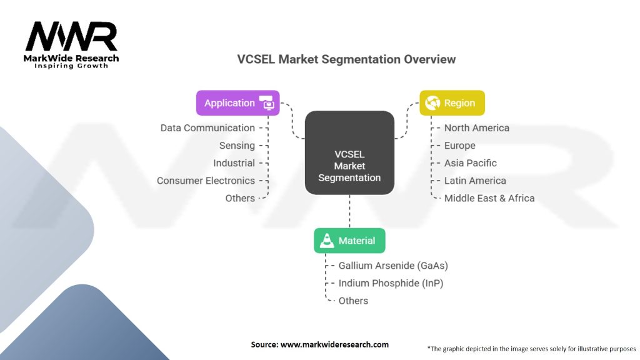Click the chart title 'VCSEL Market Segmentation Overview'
[346, 59]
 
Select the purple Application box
[237, 103]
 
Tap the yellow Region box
[452, 103]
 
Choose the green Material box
[349, 241]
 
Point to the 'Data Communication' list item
[207, 128]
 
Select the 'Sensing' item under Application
[237, 146]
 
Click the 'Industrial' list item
[234, 163]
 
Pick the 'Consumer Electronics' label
[206, 181]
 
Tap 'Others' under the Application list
[240, 198]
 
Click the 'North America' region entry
[476, 128]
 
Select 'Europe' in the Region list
[459, 146]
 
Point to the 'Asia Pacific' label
[470, 163]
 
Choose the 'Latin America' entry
[474, 181]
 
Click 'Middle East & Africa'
[489, 198]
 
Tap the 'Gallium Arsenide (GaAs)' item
[393, 266]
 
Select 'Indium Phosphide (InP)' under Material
[391, 283]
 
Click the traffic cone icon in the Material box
[327, 241]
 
